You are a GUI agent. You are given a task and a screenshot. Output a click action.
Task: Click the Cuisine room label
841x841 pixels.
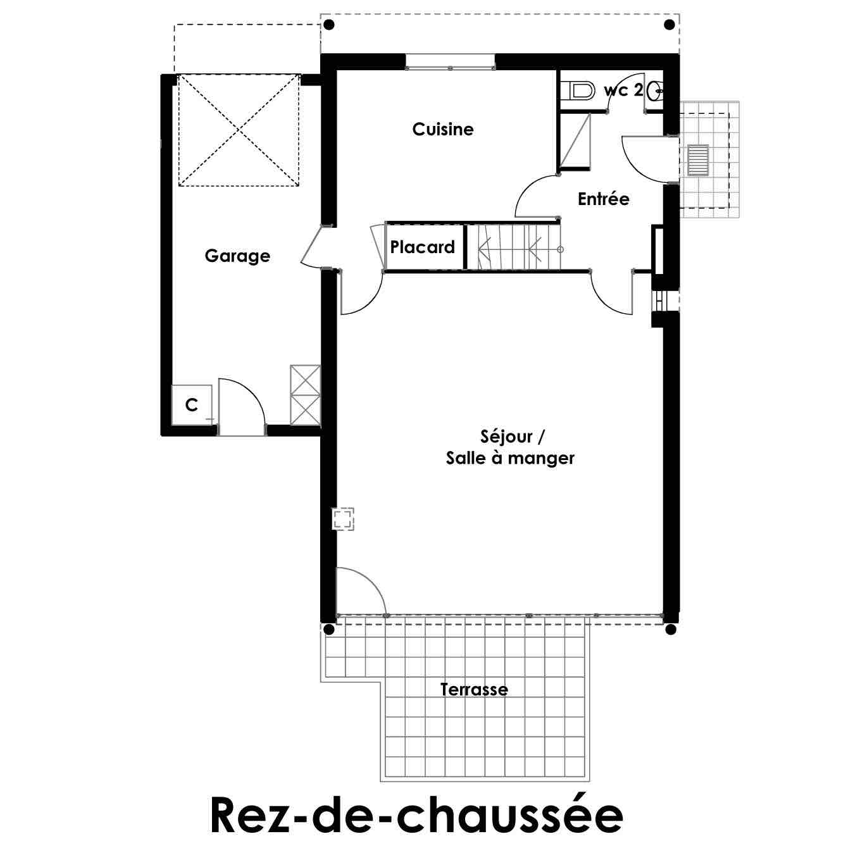442,129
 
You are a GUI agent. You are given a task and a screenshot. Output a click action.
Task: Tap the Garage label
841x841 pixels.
237,256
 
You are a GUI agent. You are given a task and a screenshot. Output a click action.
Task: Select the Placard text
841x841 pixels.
423,247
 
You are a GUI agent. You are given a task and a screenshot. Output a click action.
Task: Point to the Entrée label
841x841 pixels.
604,199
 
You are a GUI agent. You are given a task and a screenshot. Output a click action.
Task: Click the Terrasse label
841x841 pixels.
474,690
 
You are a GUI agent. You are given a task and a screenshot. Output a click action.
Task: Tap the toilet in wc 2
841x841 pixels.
578,91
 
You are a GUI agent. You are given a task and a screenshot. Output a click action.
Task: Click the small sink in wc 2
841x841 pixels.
656,91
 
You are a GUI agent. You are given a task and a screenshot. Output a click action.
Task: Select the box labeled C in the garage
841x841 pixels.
192,404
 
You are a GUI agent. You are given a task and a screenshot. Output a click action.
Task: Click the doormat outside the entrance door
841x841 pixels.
698,160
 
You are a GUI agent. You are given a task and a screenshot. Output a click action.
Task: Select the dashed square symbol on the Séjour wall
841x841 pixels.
342,519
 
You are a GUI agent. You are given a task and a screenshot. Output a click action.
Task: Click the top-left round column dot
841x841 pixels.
329,25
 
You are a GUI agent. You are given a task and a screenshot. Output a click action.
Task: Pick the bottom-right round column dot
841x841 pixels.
671,630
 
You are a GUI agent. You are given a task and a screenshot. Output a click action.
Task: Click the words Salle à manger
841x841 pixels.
510,458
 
